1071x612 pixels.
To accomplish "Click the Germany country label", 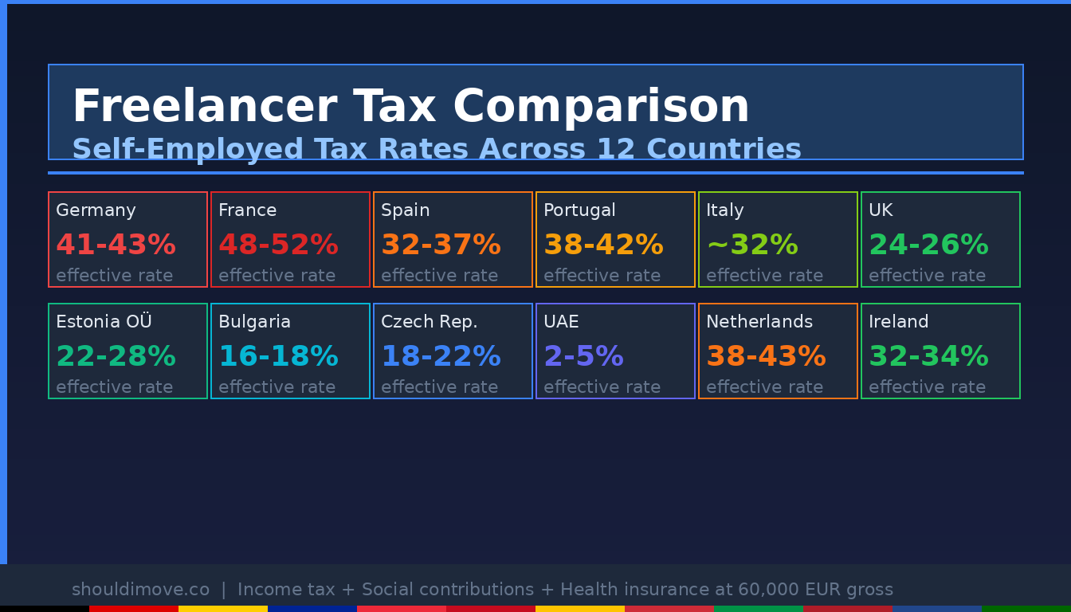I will [96, 210].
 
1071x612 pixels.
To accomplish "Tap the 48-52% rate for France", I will [278, 245].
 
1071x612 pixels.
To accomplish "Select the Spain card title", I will [405, 210].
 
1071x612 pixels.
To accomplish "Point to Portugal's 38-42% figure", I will [603, 245].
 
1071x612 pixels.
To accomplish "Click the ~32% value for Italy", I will [751, 245].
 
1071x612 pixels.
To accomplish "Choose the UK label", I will [881, 210].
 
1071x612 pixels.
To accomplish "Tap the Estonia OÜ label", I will [104, 322].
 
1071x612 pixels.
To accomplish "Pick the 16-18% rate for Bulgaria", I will [278, 356].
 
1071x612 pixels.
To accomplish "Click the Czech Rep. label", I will [429, 322].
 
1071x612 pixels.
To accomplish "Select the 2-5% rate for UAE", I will [583, 356].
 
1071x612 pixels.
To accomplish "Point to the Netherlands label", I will [759, 322].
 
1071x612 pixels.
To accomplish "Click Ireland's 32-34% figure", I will [928, 356].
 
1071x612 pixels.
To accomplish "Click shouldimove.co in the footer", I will [140, 590].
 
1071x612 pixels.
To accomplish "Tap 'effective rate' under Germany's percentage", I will [114, 276].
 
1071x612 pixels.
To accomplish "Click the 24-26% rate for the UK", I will [928, 245].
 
